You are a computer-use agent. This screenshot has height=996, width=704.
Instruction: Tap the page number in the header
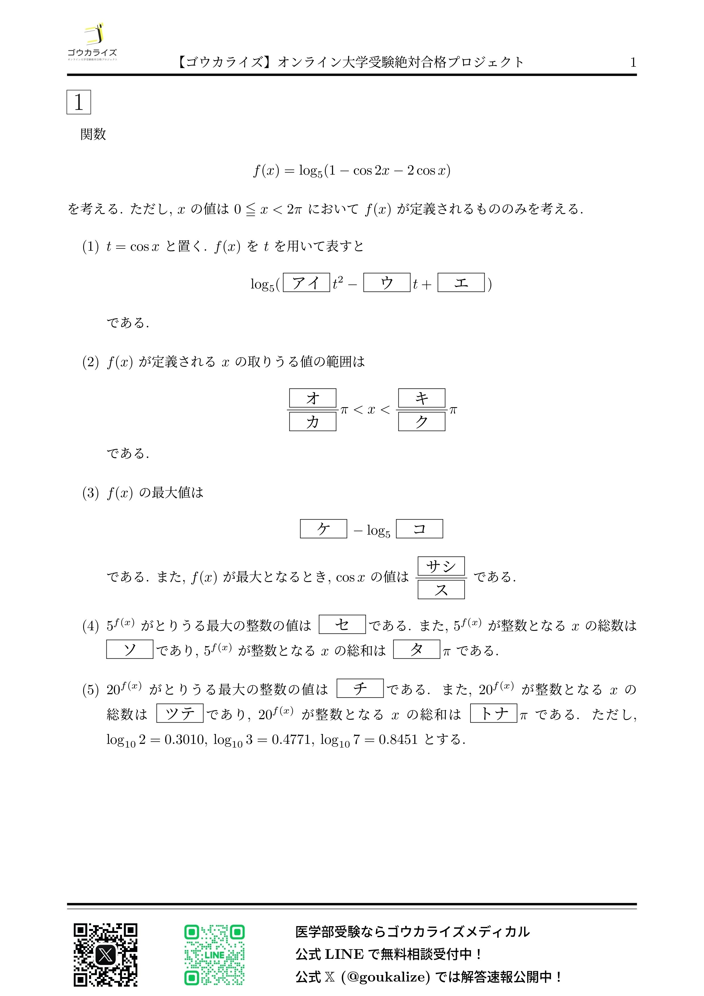click(633, 62)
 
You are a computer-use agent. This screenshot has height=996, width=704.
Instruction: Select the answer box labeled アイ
click(306, 283)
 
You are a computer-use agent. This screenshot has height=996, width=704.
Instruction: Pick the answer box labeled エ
click(461, 283)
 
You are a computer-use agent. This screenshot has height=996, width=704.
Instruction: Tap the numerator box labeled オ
click(312, 398)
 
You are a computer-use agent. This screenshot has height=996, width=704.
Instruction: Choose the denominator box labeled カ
click(312, 422)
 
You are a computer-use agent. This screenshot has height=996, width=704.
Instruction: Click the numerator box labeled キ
click(421, 398)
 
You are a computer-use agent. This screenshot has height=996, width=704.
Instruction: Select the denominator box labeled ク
click(421, 422)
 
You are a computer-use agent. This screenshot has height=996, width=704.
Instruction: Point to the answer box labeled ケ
click(323, 529)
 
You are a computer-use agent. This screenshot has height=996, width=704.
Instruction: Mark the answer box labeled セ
click(342, 624)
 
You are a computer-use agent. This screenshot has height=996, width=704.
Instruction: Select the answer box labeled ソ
click(130, 649)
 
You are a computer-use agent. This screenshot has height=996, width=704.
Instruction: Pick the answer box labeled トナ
click(493, 713)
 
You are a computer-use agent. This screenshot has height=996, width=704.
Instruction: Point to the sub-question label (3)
click(91, 493)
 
